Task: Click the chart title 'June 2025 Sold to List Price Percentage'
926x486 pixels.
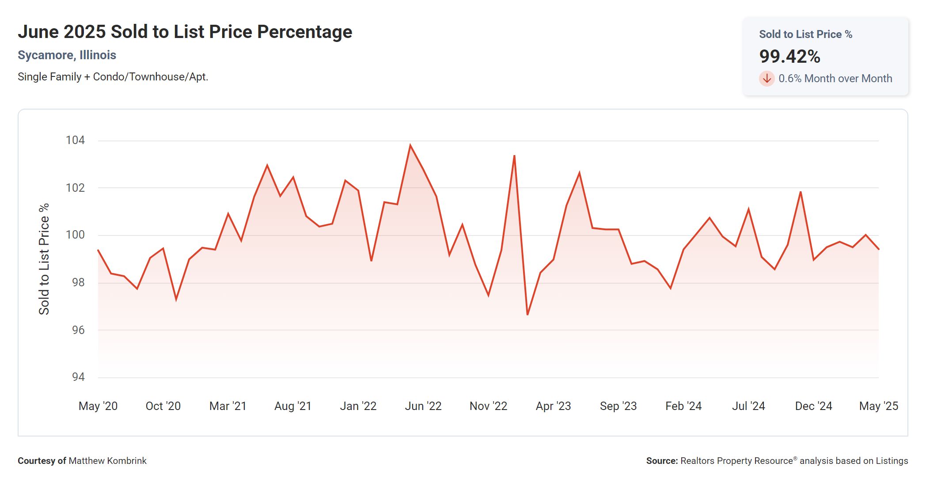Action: coord(185,32)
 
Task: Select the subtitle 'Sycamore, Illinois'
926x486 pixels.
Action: coord(67,55)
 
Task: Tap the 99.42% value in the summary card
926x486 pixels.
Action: coord(789,57)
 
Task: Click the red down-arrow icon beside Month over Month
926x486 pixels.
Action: coord(767,79)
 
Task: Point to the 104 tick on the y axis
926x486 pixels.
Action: coord(75,140)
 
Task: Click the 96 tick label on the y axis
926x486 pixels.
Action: coord(78,330)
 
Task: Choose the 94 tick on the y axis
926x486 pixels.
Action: coord(78,377)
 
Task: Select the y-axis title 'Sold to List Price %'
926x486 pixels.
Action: coord(44,259)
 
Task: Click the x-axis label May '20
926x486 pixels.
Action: coord(98,406)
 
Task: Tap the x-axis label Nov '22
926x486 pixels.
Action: coord(488,406)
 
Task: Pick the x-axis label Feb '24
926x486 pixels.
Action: coord(683,406)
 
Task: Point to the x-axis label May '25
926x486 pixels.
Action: coord(878,406)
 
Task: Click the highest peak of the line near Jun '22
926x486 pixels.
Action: coord(410,145)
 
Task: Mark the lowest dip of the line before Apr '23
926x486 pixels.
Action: coord(528,314)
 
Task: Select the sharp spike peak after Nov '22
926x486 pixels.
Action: coord(514,156)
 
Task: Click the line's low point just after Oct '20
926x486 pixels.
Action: coord(176,300)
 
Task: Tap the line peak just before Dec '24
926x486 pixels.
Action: coord(801,192)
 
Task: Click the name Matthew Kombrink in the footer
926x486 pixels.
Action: coord(107,461)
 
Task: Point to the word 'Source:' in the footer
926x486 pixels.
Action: coord(662,461)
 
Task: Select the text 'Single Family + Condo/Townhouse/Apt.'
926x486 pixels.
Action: coord(113,77)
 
